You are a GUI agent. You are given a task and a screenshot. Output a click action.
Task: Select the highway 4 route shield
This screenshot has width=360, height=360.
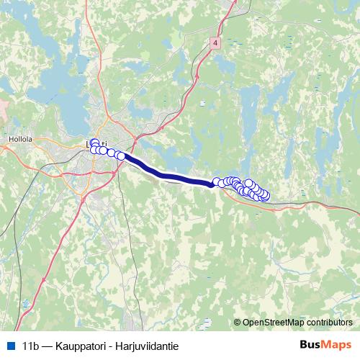coord(215,43)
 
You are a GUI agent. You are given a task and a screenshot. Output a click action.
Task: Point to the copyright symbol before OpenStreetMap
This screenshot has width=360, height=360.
coord(238,323)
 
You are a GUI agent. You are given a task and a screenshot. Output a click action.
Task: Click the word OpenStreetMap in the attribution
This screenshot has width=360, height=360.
coord(271,323)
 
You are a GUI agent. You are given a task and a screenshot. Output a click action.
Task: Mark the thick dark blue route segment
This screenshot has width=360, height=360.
coord(169,173)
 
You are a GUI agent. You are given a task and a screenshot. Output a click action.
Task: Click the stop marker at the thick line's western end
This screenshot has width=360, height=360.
coord(121,156)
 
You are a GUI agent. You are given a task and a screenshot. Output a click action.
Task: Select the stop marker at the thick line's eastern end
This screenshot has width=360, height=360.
coord(217,182)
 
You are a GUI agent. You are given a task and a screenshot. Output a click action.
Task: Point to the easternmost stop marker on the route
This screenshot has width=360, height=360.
coord(265,194)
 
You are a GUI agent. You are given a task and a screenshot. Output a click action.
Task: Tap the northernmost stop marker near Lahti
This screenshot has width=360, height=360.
coord(94,143)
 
